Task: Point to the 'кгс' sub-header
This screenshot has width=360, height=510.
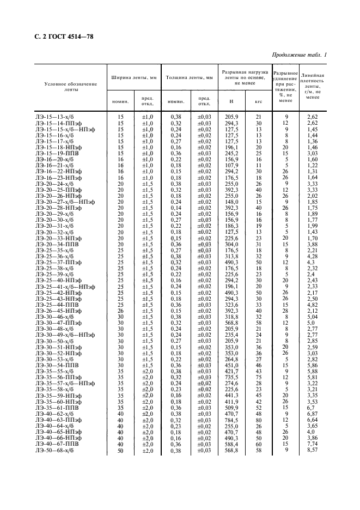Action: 259,101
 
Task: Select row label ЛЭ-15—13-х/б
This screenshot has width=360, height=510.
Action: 54,117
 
